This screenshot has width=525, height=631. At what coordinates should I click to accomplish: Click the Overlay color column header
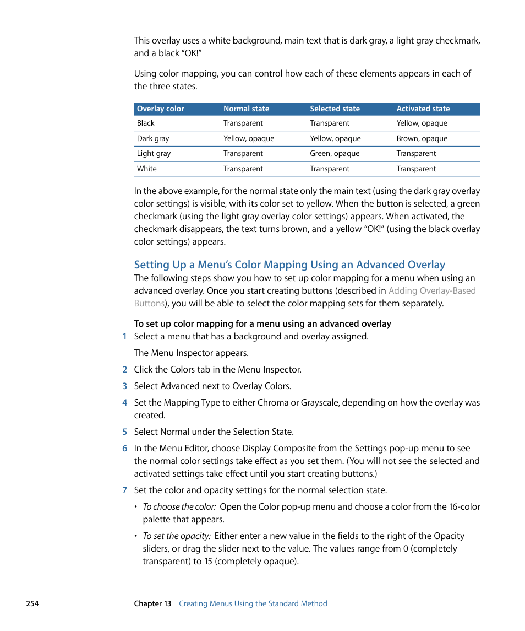point(161,109)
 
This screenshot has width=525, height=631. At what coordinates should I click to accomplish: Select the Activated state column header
point(423,109)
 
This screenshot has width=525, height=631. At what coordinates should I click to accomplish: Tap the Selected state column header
point(335,109)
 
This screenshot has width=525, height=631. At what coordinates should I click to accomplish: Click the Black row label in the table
point(146,123)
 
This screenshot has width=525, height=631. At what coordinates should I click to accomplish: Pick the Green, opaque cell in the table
point(335,154)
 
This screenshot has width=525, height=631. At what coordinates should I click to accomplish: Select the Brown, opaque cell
point(422,139)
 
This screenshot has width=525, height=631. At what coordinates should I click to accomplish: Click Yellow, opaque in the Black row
point(422,123)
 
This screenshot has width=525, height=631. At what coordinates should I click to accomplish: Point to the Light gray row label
point(154,154)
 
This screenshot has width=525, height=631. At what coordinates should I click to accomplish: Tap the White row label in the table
point(147,169)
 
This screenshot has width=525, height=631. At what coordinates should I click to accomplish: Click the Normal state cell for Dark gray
point(248,139)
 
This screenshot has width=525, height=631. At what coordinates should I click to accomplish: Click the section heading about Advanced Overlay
point(289,265)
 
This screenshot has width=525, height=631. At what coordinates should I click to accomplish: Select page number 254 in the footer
point(32,604)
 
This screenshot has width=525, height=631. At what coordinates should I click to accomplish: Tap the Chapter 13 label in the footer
point(152,604)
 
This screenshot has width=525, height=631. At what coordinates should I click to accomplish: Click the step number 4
point(125,403)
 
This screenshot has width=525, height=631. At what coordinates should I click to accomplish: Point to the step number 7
point(125,490)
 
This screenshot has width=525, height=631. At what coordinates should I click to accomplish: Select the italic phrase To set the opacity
point(177,536)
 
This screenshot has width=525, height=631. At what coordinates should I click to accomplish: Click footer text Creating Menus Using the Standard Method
point(253,604)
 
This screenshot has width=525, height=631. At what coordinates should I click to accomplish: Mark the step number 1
point(125,337)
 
